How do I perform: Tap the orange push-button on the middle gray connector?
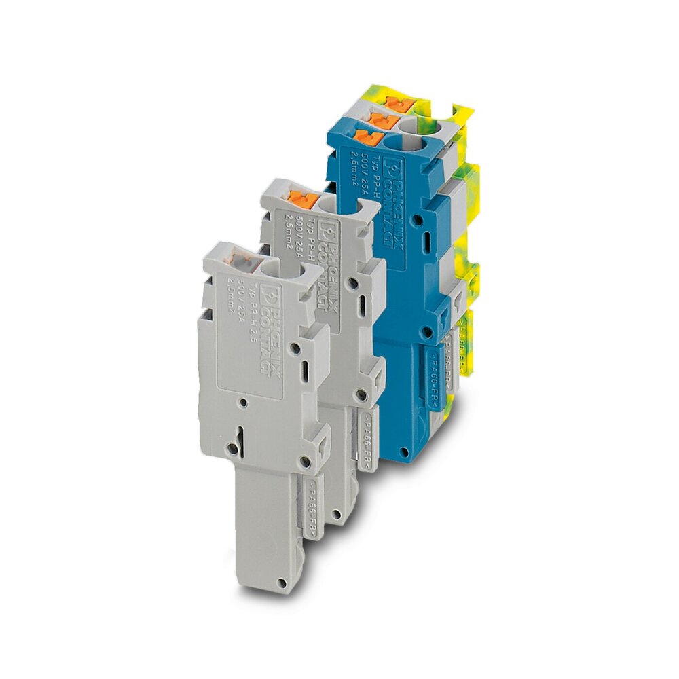pos(301,199)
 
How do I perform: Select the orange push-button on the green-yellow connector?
pos(393,102)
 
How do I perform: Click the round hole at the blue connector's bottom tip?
pos(405,452)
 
